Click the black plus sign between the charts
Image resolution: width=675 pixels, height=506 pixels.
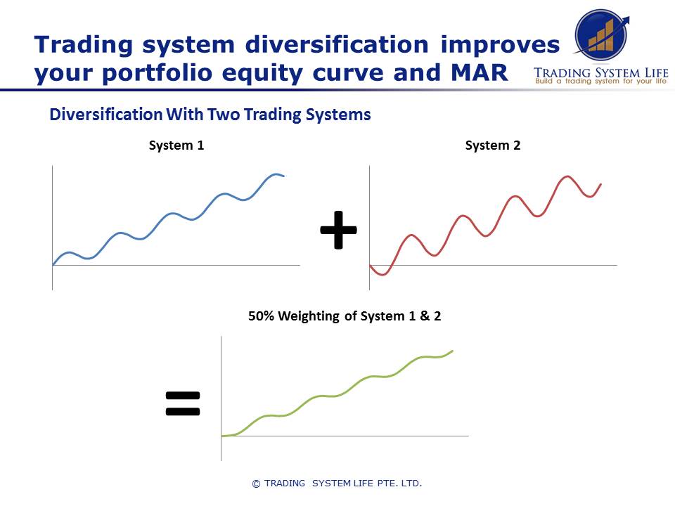pyautogui.click(x=338, y=230)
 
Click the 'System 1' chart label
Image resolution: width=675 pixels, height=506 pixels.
pyautogui.click(x=176, y=145)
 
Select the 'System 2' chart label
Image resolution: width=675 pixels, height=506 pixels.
pyautogui.click(x=493, y=145)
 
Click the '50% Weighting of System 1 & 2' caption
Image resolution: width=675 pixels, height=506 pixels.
pyautogui.click(x=345, y=316)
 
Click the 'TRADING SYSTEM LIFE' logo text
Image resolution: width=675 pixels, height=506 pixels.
pyautogui.click(x=601, y=72)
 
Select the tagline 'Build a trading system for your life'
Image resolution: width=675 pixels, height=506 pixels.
pyautogui.click(x=601, y=82)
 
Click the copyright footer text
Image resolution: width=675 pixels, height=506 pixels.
pyautogui.click(x=337, y=483)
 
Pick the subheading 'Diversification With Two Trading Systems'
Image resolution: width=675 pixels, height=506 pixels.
pyautogui.click(x=210, y=115)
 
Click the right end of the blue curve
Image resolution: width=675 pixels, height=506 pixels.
pyautogui.click(x=284, y=176)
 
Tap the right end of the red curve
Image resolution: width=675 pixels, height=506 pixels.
pyautogui.click(x=601, y=184)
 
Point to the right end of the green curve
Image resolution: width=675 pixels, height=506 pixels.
pyautogui.click(x=453, y=350)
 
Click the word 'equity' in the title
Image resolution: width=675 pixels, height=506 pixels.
pyautogui.click(x=269, y=72)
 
